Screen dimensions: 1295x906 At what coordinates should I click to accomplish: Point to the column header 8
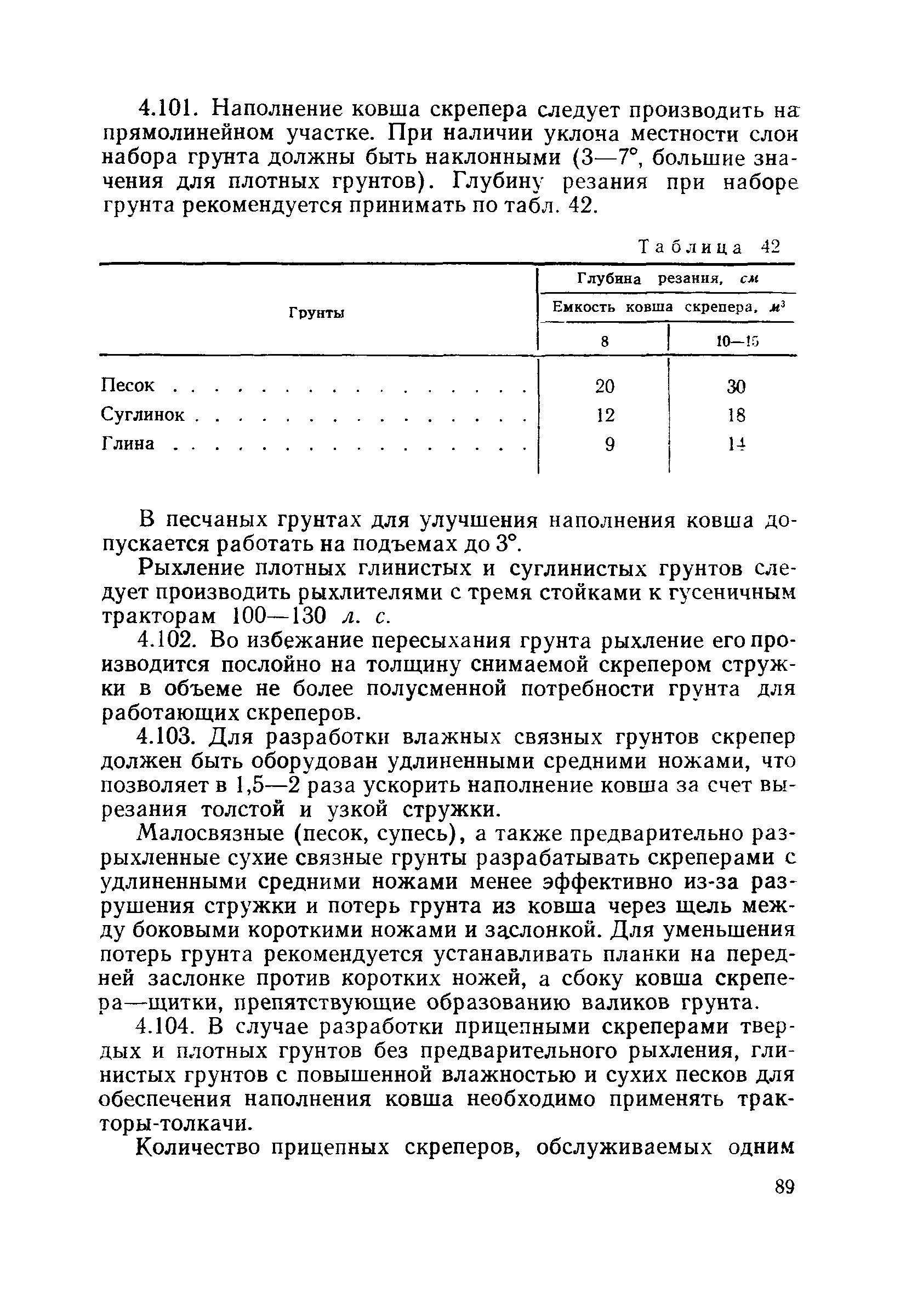[604, 341]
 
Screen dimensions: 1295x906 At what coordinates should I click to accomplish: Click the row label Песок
[128, 386]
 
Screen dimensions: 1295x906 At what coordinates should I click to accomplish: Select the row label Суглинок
[143, 415]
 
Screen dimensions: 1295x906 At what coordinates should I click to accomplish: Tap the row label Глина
[128, 444]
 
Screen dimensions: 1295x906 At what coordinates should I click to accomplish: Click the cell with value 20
[605, 386]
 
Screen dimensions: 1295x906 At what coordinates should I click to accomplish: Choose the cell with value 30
[736, 386]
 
